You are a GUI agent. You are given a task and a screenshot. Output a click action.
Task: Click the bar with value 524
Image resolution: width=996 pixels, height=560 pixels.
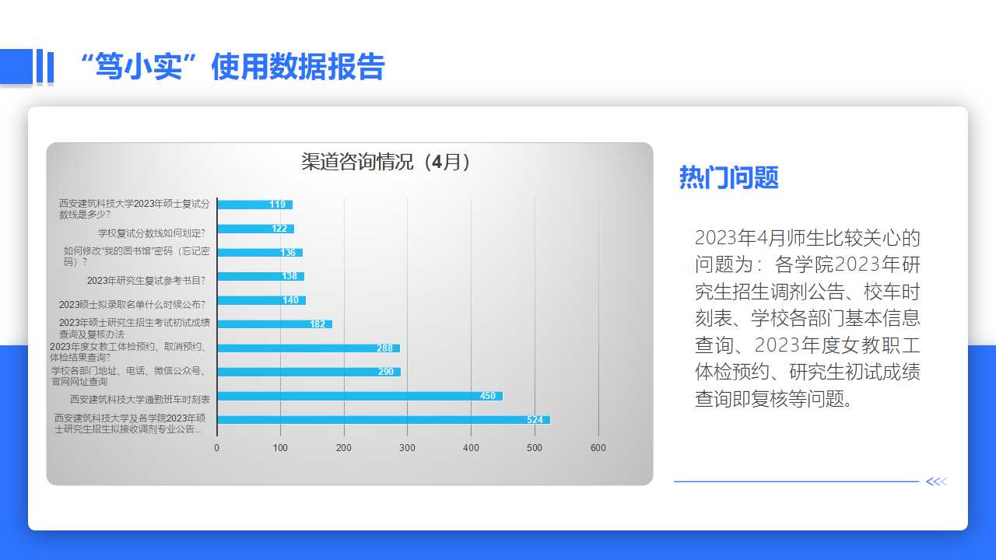click(384, 419)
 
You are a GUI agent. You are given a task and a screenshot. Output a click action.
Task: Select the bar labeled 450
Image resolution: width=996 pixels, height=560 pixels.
click(360, 396)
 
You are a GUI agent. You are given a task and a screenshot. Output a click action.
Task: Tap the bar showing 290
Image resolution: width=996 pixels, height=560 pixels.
click(309, 372)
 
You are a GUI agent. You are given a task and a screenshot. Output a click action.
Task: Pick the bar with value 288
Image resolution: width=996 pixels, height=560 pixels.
click(309, 348)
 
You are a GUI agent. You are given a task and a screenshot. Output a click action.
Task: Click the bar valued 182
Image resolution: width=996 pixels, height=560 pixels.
click(275, 324)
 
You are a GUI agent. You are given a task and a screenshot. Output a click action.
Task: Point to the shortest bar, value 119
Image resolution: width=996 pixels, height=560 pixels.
click(254, 205)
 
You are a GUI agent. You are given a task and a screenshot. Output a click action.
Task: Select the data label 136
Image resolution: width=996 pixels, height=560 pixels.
click(288, 253)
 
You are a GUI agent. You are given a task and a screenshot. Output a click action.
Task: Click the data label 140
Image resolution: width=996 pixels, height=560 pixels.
click(291, 300)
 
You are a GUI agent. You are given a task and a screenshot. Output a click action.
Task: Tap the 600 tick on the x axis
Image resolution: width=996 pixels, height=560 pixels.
click(598, 448)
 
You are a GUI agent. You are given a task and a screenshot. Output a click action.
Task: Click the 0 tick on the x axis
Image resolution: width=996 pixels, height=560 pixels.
click(216, 448)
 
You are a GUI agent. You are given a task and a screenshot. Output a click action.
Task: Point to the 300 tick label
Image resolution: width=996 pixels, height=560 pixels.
click(407, 448)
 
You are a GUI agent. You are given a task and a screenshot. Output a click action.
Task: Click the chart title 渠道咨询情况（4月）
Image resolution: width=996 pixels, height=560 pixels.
click(385, 162)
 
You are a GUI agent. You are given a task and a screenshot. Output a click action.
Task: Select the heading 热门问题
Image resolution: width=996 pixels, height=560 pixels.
click(729, 177)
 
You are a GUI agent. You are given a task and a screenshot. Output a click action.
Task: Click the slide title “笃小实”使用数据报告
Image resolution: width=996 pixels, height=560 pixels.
click(232, 67)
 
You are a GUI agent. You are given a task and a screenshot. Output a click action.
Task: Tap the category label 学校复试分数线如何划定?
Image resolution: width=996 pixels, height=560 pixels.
click(152, 233)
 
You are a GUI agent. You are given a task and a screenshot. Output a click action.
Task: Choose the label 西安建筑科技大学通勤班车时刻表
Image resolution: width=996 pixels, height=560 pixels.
click(140, 400)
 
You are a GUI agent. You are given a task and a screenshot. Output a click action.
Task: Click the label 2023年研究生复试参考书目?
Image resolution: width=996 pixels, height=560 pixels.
click(146, 281)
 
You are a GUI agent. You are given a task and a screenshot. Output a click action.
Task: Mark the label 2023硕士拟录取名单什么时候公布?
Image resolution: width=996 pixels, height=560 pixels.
click(132, 305)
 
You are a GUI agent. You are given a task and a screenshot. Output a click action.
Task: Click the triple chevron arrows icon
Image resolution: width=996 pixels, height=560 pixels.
click(937, 481)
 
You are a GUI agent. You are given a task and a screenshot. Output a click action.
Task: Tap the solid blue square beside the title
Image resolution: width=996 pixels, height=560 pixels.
click(16, 66)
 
